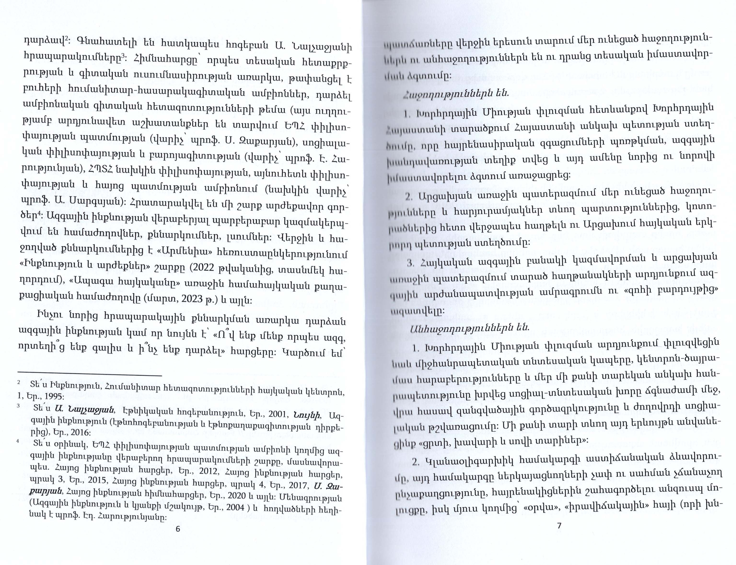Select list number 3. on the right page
tap(410, 263)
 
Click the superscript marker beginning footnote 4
tap(18, 442)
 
